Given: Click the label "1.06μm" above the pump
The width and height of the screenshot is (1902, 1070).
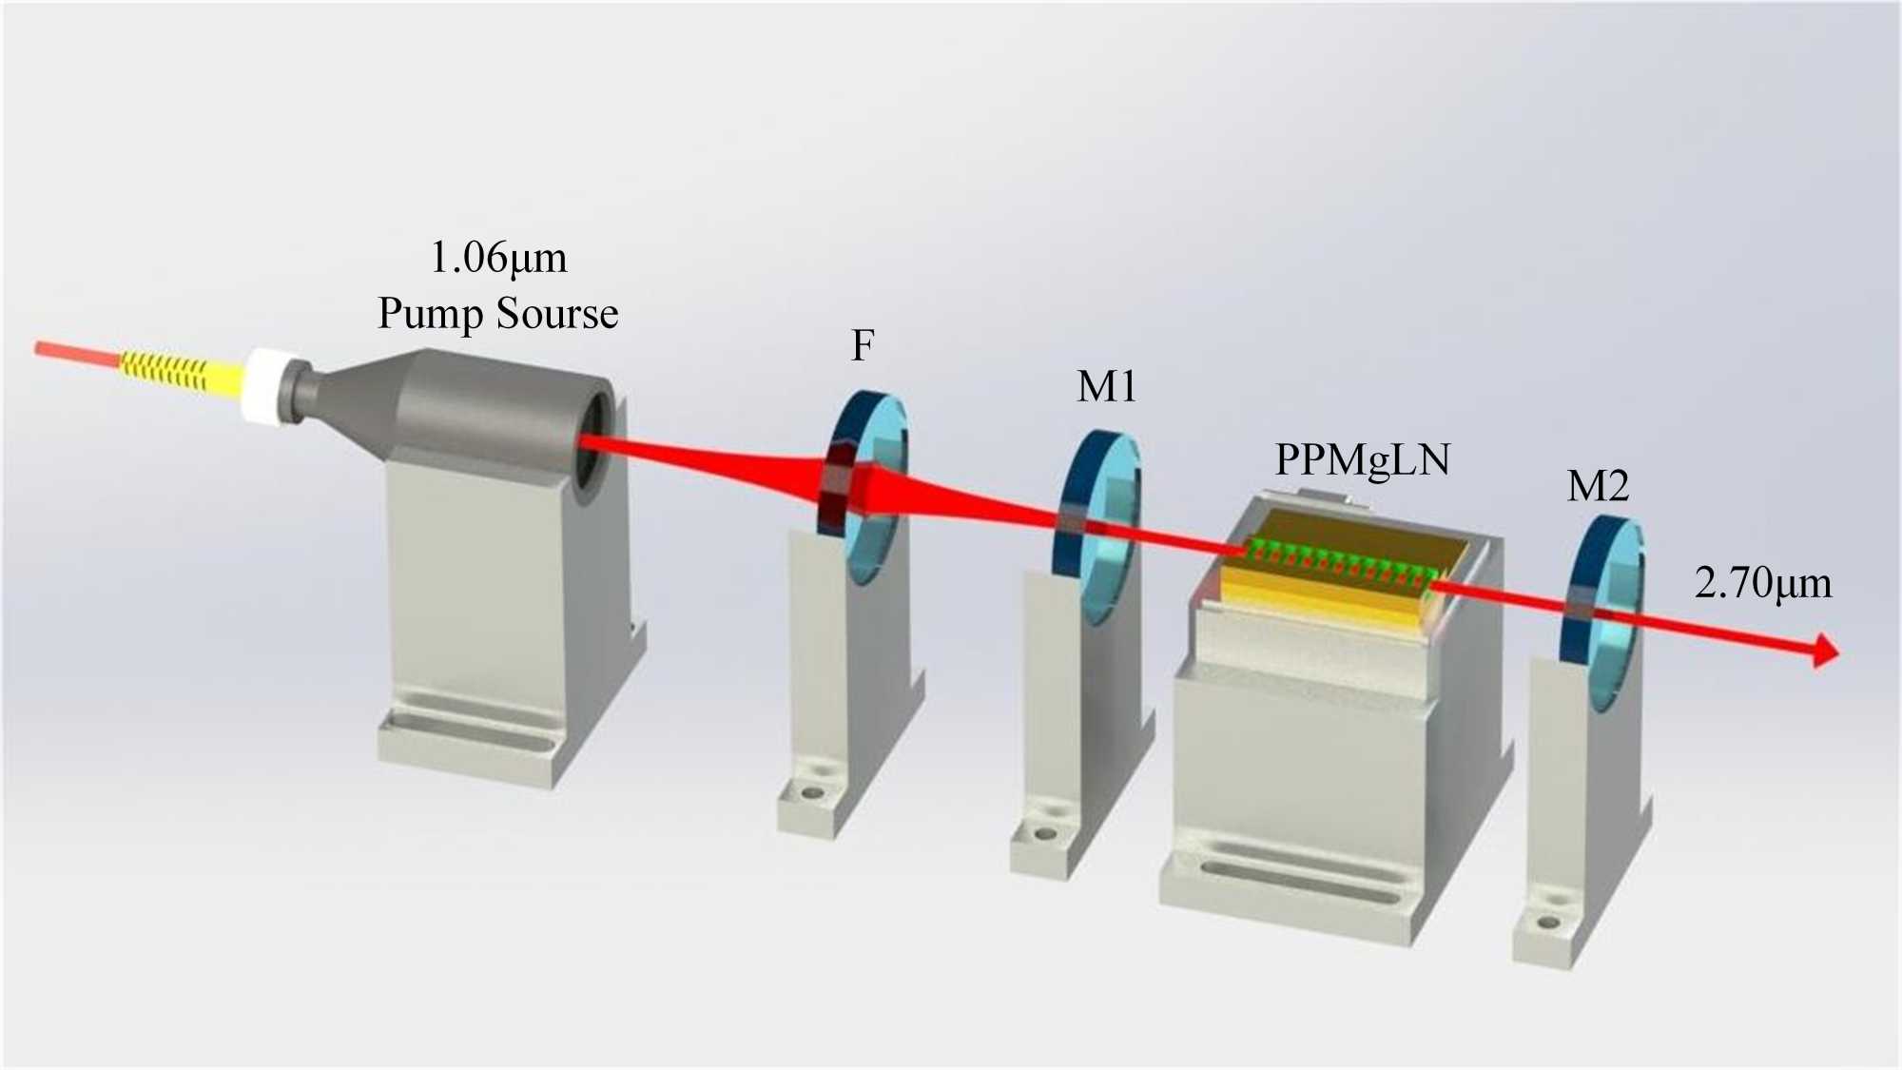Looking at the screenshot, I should [498, 258].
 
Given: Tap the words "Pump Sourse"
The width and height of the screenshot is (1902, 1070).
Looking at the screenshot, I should [498, 314].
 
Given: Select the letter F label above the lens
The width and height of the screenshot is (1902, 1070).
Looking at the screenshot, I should [863, 345].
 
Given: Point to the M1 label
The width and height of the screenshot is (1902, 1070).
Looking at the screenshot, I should [1106, 387].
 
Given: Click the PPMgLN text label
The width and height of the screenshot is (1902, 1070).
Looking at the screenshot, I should [1362, 460].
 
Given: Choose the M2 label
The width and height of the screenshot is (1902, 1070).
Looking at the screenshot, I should [1598, 487].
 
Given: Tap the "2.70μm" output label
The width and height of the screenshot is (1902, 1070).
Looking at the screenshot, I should [1762, 582].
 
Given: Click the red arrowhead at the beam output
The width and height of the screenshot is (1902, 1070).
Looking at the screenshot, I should [1826, 652].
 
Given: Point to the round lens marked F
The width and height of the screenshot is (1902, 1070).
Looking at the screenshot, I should [865, 485].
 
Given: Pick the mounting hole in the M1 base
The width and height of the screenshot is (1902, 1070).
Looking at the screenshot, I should [1045, 834].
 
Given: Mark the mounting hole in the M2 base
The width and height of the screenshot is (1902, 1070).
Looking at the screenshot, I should [1548, 922].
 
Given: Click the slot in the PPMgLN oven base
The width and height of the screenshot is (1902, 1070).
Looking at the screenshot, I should [1293, 880].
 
